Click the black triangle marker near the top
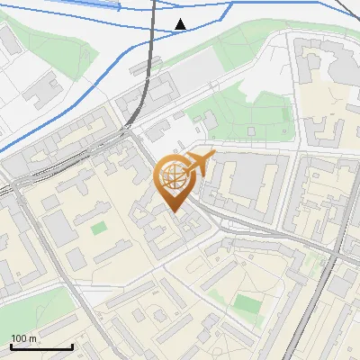pos(181,23)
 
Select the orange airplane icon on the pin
pos(199,163)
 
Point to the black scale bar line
pos(41,346)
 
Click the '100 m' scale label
pos(25,338)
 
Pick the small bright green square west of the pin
pos(98,228)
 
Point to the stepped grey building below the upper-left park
pos(40,90)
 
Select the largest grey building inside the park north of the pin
pos(207,121)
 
